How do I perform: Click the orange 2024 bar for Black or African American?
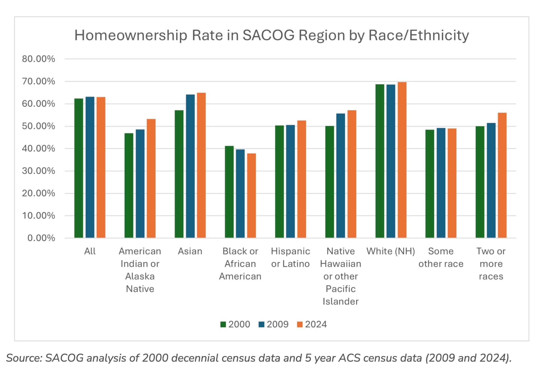click(251, 195)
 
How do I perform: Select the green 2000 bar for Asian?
click(179, 174)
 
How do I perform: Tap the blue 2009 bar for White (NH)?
click(390, 161)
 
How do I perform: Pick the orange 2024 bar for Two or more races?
click(502, 175)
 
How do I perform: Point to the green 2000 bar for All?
click(79, 168)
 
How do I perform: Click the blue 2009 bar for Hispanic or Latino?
click(290, 181)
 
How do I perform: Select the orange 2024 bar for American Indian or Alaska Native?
click(151, 178)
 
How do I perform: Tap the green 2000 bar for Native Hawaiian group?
click(329, 182)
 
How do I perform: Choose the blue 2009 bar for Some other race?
click(441, 183)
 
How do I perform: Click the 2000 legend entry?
click(235, 324)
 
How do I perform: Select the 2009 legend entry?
click(274, 324)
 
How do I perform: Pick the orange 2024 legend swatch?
click(300, 324)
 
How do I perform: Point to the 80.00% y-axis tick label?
click(38, 59)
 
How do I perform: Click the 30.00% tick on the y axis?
click(38, 171)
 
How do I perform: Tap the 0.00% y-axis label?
click(41, 238)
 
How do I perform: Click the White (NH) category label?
click(390, 251)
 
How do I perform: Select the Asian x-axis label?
click(190, 251)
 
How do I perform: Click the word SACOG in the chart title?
click(268, 35)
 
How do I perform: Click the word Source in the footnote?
click(24, 358)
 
